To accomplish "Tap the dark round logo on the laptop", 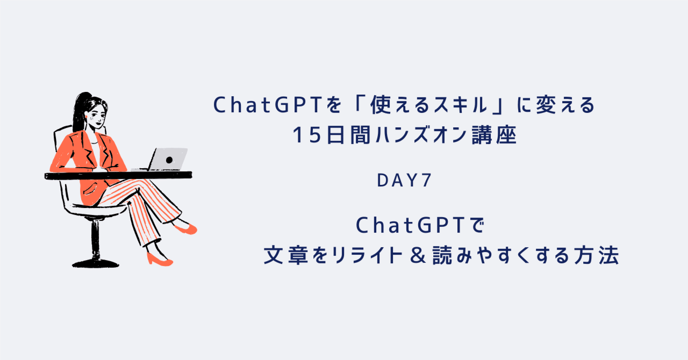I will click(169, 160).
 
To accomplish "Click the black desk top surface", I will click(118, 175).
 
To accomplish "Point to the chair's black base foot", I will click(96, 263).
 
